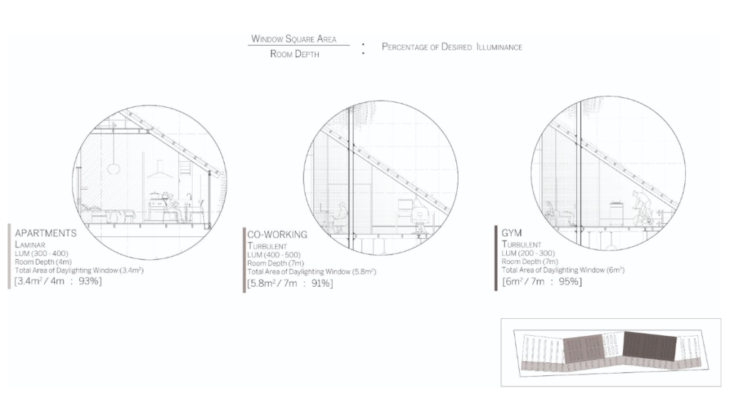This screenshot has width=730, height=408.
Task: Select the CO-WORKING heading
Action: (x=278, y=234)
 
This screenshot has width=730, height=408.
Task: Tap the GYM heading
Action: (x=509, y=232)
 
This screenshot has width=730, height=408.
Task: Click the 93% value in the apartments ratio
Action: (x=90, y=280)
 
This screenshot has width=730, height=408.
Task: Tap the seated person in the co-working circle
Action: (x=341, y=214)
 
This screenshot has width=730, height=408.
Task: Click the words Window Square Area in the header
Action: (x=293, y=39)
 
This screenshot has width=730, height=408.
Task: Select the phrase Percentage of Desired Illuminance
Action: (x=452, y=46)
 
